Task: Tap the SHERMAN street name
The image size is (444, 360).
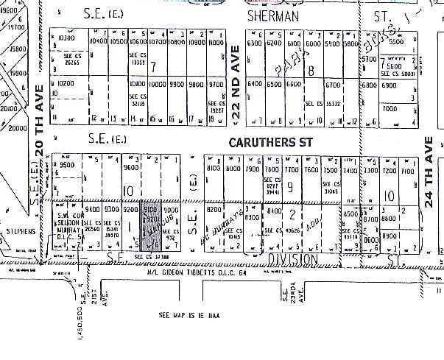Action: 278,14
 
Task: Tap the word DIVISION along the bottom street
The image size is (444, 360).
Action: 292,258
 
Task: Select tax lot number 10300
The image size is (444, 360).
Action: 67,38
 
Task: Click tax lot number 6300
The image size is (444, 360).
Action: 255,43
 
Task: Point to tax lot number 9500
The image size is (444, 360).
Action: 68,166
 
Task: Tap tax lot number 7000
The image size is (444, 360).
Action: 389,108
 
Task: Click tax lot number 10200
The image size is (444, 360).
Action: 66,84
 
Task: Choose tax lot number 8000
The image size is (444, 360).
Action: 233,169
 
